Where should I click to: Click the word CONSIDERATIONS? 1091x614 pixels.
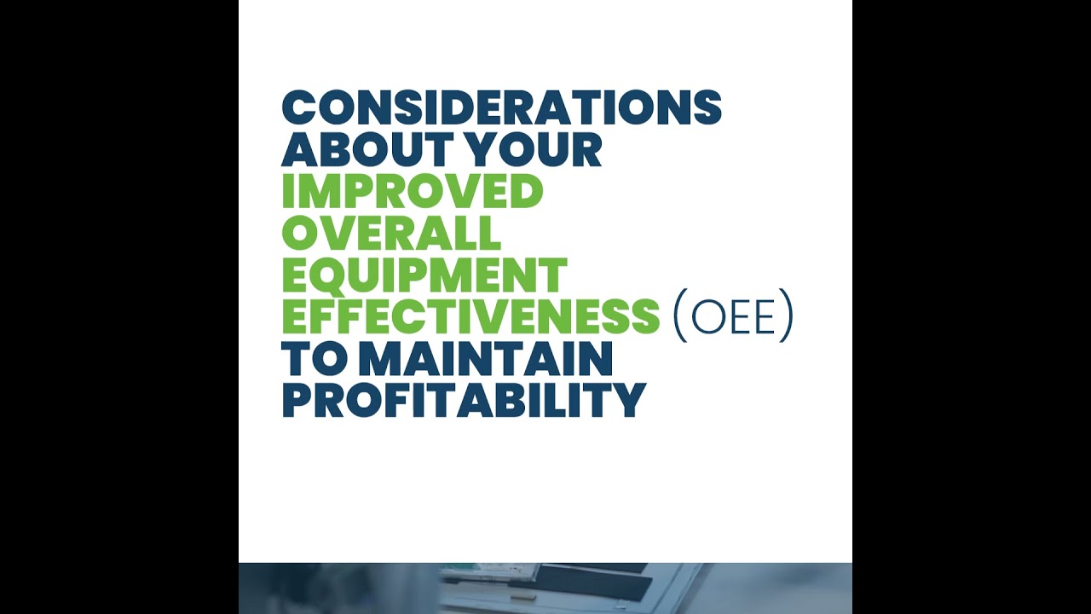click(501, 108)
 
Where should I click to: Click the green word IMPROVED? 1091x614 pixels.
click(412, 192)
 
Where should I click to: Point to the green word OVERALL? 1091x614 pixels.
click(391, 234)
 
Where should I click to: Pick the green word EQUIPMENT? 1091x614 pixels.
click(424, 275)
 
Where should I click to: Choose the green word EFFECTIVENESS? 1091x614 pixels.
click(470, 317)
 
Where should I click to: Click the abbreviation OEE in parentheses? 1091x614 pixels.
click(733, 317)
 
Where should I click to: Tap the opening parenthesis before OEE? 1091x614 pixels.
click(679, 317)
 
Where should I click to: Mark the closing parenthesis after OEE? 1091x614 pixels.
click(786, 317)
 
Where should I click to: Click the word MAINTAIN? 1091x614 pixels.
click(485, 359)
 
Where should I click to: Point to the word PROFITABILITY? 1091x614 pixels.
click(464, 401)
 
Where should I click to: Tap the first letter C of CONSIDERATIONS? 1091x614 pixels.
click(298, 108)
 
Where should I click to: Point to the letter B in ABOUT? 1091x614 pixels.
click(334, 150)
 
